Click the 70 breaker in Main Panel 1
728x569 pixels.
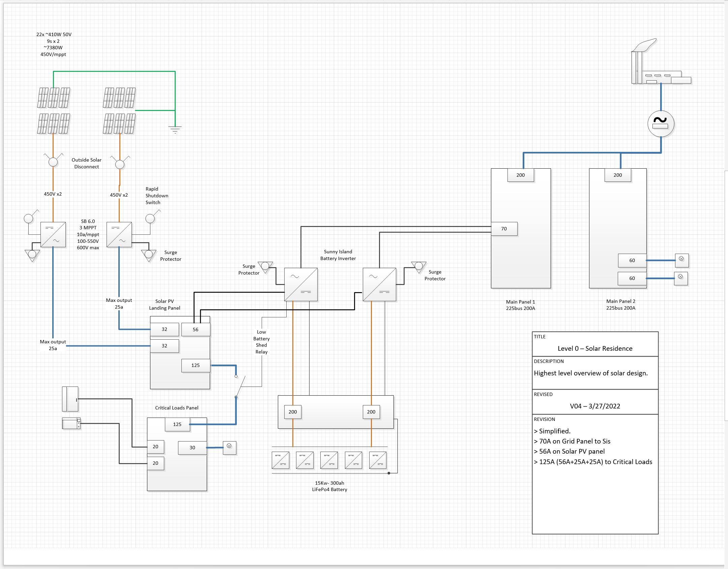click(x=504, y=229)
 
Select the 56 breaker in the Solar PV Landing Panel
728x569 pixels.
click(x=196, y=330)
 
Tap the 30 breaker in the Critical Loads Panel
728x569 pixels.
click(x=192, y=448)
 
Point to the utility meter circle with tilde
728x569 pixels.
click(x=661, y=124)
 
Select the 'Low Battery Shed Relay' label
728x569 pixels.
click(x=261, y=342)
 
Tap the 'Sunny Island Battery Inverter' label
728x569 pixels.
click(x=338, y=255)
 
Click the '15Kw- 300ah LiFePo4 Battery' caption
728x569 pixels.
click(x=329, y=486)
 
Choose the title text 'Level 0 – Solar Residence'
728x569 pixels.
click(x=595, y=348)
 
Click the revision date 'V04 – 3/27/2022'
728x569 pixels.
click(x=595, y=406)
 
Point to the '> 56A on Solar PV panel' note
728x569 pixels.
click(x=569, y=451)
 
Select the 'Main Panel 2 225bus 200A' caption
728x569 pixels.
click(x=620, y=305)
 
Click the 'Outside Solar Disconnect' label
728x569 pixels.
click(x=86, y=163)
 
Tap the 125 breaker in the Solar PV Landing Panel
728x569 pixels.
click(x=196, y=365)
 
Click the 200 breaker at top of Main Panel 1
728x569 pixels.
click(x=521, y=175)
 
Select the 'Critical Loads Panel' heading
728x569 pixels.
click(x=177, y=408)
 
